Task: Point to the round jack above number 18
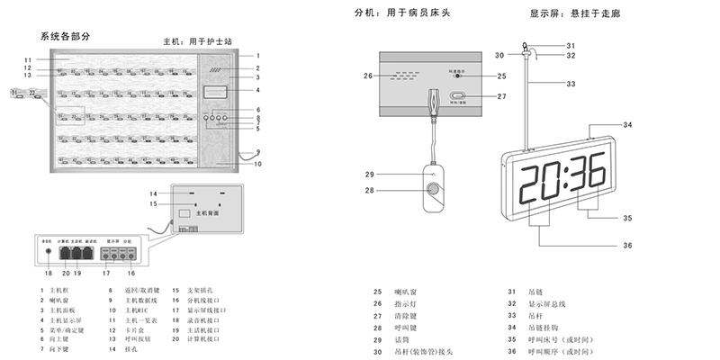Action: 48,254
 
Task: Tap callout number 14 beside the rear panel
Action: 154,193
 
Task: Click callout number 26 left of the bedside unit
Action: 367,76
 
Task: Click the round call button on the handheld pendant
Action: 435,191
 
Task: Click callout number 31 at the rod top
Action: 571,45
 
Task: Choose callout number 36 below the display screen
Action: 627,245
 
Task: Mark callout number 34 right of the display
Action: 627,125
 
